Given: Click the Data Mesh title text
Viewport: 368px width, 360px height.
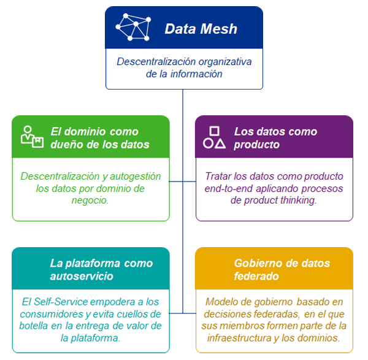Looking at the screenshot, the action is tap(201, 29).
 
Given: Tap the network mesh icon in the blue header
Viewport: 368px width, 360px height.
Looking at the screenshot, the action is tap(133, 27).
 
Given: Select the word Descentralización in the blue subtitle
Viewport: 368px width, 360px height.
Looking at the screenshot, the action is tap(156, 62).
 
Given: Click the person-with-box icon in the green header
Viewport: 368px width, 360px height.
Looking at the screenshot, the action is tap(32, 137).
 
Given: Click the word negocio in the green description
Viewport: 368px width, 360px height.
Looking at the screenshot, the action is tap(90, 201).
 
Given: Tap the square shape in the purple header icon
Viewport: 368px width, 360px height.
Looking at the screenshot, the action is tap(214, 131).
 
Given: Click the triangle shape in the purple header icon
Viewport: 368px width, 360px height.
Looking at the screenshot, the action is tap(220, 144).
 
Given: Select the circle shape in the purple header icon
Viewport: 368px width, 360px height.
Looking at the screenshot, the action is tap(208, 143).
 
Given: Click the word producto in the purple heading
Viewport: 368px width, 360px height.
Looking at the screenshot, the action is tap(256, 145).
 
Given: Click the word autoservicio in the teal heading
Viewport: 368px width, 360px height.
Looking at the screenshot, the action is tap(82, 276).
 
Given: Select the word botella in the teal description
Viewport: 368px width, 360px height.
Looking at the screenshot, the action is tap(34, 326).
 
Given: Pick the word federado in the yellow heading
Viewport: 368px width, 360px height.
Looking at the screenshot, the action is tap(256, 276).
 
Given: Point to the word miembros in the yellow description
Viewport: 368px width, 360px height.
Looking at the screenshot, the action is tap(239, 326).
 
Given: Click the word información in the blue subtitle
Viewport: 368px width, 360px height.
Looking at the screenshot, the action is tap(196, 74).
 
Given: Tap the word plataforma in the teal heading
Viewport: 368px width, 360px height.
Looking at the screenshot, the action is tap(93, 264).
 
